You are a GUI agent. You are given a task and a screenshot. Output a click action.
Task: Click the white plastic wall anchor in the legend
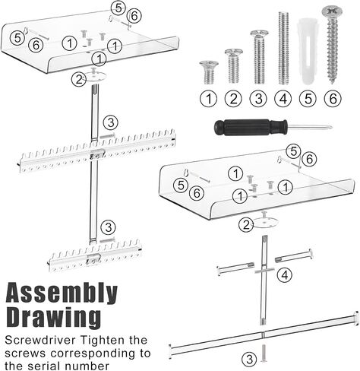[307, 51]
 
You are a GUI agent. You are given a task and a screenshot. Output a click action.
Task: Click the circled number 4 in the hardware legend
[283, 99]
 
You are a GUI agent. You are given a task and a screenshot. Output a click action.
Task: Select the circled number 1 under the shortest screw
[209, 99]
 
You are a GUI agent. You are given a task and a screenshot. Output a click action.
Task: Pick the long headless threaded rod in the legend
[283, 48]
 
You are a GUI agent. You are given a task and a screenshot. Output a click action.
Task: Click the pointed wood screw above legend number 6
[332, 46]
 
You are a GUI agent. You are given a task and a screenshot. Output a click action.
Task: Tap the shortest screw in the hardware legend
[209, 72]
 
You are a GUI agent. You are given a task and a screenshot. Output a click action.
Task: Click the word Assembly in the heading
[62, 294]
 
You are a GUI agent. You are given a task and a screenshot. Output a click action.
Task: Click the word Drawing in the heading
[53, 317]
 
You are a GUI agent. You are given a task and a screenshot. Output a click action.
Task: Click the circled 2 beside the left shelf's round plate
[79, 80]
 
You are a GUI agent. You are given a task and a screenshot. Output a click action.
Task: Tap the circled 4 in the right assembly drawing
[285, 275]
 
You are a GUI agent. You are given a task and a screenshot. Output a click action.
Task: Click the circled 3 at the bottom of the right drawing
[249, 360]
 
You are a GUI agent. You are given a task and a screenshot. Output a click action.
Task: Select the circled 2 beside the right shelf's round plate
[246, 225]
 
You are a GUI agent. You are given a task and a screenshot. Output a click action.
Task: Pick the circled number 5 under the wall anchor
[308, 99]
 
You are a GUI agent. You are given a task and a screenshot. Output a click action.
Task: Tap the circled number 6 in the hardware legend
[333, 99]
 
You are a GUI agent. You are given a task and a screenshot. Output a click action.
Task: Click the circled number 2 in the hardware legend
[233, 99]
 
